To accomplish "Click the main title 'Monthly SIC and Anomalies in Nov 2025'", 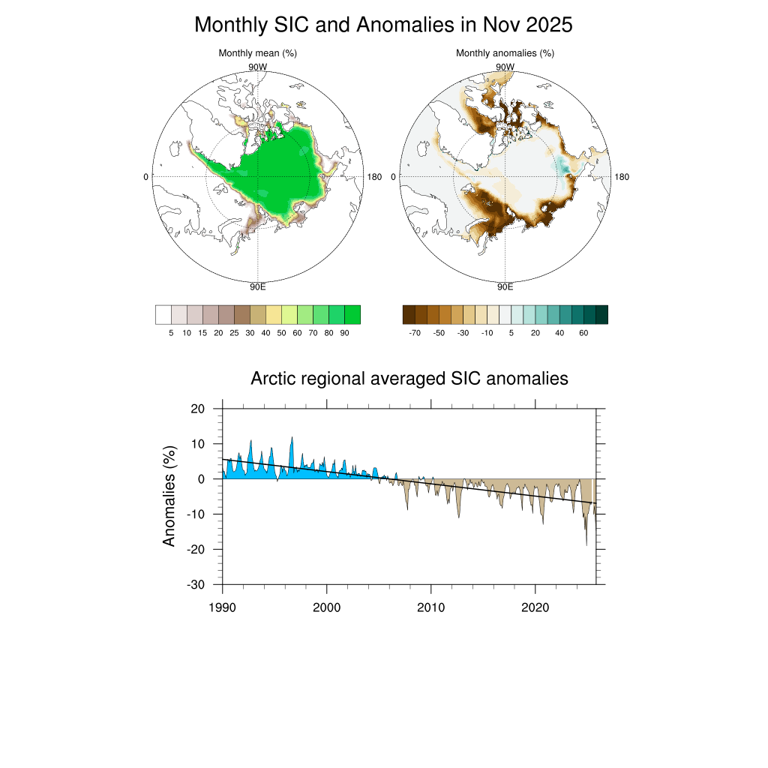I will point(383,25).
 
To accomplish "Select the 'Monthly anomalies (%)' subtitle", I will point(505,53).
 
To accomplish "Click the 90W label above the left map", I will point(257,67).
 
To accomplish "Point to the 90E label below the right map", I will point(505,286).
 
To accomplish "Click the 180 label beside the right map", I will point(622,177).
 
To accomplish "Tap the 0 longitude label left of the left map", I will point(145,177).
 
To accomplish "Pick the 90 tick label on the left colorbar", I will point(344,332).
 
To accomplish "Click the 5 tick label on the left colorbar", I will point(172,332).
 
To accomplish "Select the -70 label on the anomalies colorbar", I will point(415,332).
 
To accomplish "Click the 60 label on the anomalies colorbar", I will point(583,332).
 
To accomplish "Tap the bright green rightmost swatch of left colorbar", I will point(352,314).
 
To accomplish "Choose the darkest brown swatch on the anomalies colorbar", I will point(409,314).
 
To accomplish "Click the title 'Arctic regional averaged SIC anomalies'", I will point(409,379).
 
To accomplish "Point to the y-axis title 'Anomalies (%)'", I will point(169,496).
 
